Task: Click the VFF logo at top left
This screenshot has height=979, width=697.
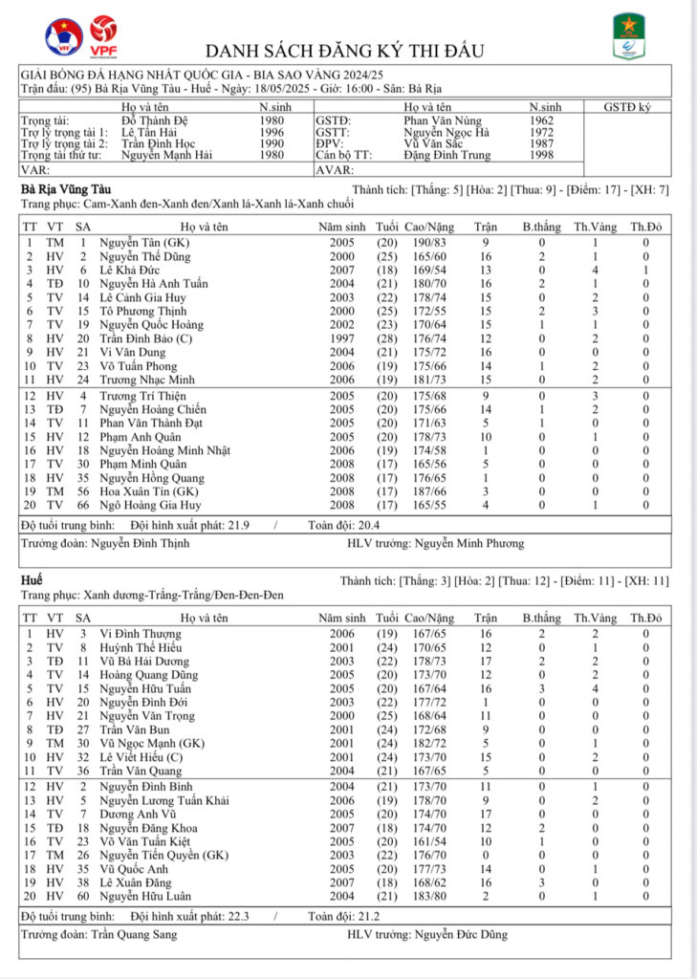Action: [x=63, y=36]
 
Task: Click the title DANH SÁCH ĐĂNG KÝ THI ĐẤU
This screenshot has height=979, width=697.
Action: [x=345, y=51]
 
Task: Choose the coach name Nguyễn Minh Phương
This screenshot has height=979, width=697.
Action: [x=469, y=543]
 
